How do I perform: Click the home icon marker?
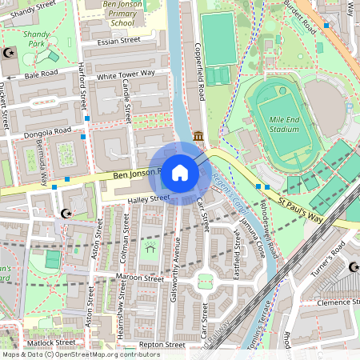[x=180, y=172]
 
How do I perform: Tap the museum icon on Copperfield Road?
[x=198, y=138]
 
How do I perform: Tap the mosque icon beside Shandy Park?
[x=10, y=53]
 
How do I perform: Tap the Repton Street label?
[x=162, y=346]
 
